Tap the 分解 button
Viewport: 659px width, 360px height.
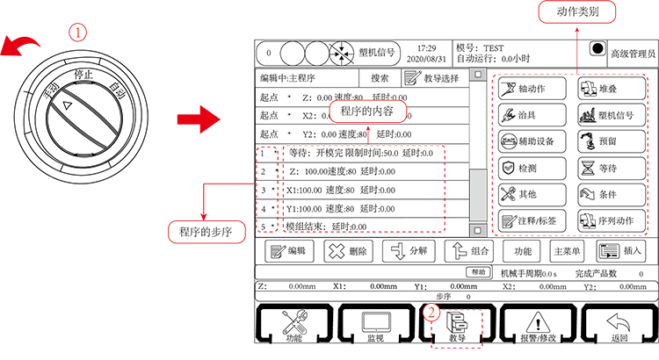click(x=410, y=251)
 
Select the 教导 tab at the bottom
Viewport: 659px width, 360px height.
click(x=455, y=327)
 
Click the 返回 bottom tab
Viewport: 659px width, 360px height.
click(x=620, y=327)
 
